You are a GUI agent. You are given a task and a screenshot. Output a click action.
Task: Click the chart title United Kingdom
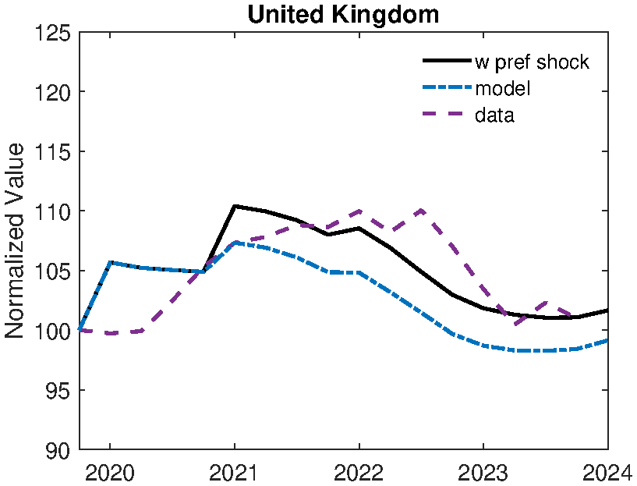pos(343,14)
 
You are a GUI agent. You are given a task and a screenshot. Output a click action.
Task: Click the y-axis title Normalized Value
pos(16,241)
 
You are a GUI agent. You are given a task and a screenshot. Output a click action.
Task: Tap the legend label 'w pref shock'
pos(532,62)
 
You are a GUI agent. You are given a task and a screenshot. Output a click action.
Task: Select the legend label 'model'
pos(503,89)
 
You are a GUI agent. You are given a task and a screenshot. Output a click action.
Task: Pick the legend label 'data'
pos(494,115)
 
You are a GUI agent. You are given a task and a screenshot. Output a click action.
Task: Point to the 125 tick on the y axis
pos(53,34)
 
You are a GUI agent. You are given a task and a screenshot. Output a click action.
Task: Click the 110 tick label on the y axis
pos(53,212)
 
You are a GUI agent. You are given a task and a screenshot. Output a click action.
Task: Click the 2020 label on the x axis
pos(110,472)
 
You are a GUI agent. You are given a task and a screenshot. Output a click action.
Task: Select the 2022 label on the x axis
pos(359,472)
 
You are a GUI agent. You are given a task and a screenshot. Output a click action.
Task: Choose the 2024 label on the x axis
pos(607,472)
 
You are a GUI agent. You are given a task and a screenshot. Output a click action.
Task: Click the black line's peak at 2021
pos(235,206)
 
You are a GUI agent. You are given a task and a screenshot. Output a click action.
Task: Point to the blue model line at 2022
pos(359,272)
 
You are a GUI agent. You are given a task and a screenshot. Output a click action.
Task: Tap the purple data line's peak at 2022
pos(359,211)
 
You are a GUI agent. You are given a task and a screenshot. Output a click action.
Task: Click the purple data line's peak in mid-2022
pos(421,210)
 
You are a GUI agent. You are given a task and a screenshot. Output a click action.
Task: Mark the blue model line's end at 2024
pos(607,340)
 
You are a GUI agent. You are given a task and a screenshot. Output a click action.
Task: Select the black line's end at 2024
pos(607,310)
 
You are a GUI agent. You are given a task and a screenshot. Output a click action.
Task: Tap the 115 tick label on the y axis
pos(53,152)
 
